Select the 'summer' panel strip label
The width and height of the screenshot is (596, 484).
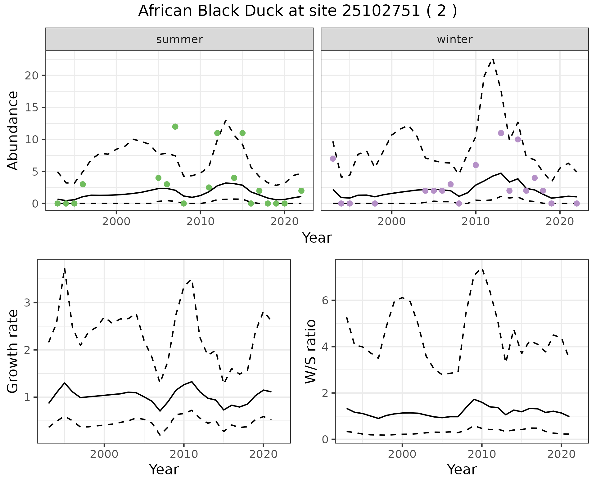point(179,39)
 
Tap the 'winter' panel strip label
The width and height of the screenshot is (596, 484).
point(454,39)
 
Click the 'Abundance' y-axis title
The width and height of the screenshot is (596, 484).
point(13,130)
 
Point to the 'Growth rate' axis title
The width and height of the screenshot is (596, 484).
point(13,352)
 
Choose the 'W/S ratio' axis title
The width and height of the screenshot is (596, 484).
point(311,352)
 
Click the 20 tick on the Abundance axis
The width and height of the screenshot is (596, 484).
point(31,76)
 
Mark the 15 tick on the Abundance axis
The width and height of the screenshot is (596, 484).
point(31,108)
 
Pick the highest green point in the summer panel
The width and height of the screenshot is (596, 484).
point(175,127)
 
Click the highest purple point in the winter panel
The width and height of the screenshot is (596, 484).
point(501,133)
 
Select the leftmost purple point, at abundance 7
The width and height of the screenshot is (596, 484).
point(333,159)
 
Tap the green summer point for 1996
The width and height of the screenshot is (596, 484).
point(83,184)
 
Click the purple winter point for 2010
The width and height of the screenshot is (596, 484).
point(476,165)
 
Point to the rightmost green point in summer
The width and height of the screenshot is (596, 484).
point(301,190)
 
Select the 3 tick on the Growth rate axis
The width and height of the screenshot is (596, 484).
point(27,303)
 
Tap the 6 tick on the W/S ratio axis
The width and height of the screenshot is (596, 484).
point(325,300)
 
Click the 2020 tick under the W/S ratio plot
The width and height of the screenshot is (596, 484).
point(561,455)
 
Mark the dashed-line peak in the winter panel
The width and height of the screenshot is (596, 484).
point(493,59)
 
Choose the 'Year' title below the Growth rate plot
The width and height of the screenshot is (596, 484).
point(164,470)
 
